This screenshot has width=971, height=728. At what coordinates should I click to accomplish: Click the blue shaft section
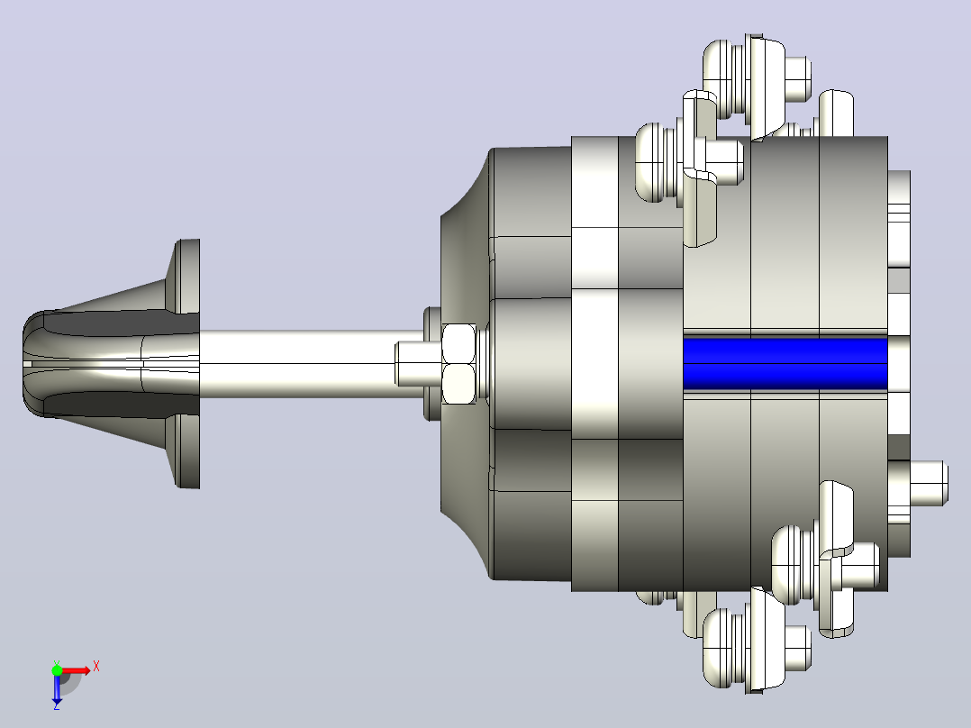(785, 364)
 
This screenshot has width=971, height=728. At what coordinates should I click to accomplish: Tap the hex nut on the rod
(458, 364)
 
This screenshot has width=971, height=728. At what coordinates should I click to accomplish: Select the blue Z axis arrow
(57, 687)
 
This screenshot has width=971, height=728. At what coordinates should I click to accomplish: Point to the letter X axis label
(96, 667)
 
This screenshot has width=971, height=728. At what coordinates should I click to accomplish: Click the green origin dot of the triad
(57, 670)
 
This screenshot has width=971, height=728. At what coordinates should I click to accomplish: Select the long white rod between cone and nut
(297, 364)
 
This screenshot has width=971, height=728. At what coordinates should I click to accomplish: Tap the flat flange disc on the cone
(186, 364)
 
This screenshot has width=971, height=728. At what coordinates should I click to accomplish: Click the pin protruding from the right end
(927, 483)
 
